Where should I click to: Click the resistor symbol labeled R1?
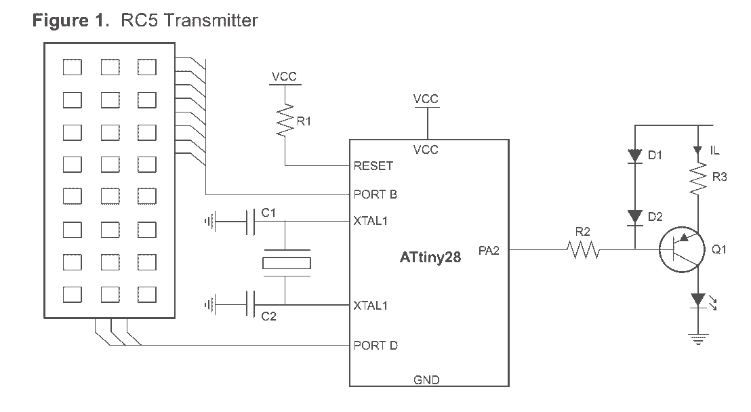tap(285, 121)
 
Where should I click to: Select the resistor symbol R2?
tap(583, 249)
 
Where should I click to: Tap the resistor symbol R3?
tap(698, 178)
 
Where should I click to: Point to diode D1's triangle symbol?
tap(635, 156)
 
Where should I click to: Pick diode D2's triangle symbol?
tap(635, 217)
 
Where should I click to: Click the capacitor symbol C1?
tap(250, 222)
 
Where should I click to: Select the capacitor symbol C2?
tap(250, 304)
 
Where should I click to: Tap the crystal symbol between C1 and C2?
tap(287, 262)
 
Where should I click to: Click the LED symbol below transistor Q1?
tap(698, 301)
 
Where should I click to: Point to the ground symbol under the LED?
tap(698, 339)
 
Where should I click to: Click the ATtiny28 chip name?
tap(430, 257)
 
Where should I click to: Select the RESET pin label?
tap(373, 166)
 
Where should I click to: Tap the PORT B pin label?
tap(375, 194)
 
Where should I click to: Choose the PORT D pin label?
tap(375, 345)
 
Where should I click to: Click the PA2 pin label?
tap(489, 251)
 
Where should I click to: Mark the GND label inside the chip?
tap(426, 380)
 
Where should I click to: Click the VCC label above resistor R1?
tap(284, 76)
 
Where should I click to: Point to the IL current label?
tap(714, 150)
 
